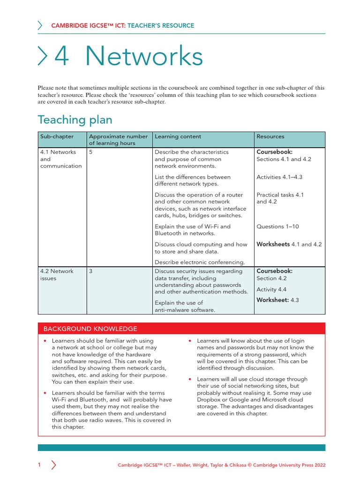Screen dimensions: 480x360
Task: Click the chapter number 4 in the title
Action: (x=61, y=57)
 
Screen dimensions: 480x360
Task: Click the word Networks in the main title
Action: (x=144, y=57)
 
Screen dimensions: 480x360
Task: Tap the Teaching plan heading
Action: (x=75, y=120)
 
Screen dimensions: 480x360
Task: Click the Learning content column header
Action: (x=178, y=136)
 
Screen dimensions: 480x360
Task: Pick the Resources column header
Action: (x=270, y=136)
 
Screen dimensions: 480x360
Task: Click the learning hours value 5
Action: (x=90, y=152)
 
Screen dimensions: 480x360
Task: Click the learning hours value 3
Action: (x=90, y=271)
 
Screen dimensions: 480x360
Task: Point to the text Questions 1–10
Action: (x=277, y=226)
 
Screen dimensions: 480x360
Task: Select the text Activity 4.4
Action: (x=271, y=290)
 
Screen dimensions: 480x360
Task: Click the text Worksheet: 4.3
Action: (x=277, y=300)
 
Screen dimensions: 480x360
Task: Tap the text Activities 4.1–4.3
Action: (x=279, y=177)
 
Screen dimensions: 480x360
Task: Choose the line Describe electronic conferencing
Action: (x=200, y=262)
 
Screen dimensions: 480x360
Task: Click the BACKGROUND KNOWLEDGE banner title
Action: (x=90, y=329)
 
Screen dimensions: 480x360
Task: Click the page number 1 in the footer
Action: (x=39, y=465)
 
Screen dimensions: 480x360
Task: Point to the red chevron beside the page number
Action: (x=53, y=465)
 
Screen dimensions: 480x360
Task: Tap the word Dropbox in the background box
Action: (x=209, y=400)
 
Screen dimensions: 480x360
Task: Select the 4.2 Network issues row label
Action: (x=57, y=275)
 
